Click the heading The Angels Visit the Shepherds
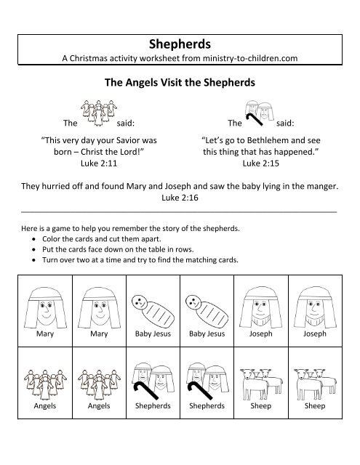tap(180, 83)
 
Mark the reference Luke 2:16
tap(180, 197)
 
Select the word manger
tap(321, 186)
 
